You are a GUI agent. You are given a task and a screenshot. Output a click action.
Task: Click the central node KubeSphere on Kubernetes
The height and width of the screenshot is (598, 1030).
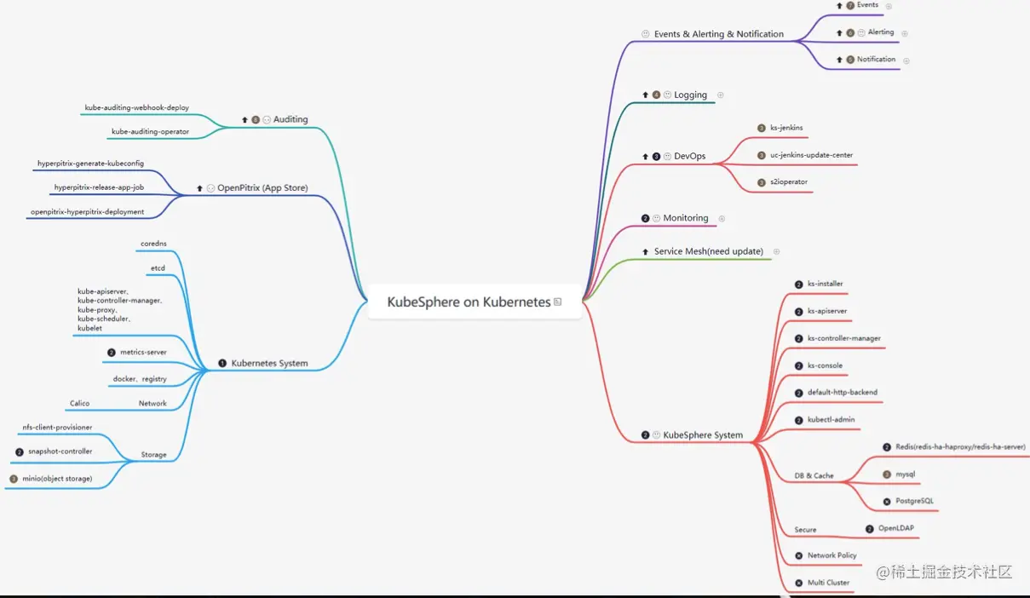click(x=469, y=302)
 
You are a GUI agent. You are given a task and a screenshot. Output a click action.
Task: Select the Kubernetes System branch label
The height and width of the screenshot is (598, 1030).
click(x=269, y=364)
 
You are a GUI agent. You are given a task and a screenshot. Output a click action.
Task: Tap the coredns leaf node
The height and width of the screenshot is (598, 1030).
click(x=153, y=244)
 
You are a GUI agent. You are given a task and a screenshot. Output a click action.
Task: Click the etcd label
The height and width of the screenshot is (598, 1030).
click(x=158, y=268)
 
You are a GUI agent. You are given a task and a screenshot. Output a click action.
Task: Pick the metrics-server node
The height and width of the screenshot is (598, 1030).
click(x=143, y=352)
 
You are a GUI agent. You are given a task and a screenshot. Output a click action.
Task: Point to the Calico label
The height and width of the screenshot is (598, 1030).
click(x=79, y=404)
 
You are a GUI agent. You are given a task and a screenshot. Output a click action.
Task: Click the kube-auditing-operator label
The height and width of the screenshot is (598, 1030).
click(x=150, y=132)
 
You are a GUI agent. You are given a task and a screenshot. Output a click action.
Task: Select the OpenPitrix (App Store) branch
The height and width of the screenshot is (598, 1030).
click(x=262, y=188)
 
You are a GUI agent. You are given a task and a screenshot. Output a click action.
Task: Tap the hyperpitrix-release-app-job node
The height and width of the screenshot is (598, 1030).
click(x=99, y=187)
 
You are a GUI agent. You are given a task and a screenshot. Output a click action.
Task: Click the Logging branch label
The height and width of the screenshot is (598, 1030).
click(x=690, y=95)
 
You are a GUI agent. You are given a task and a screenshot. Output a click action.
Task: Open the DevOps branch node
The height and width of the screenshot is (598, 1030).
click(x=689, y=157)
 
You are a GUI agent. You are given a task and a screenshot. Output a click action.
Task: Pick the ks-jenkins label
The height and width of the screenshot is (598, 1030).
click(x=786, y=128)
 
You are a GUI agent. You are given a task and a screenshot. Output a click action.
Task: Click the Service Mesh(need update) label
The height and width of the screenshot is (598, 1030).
click(x=708, y=252)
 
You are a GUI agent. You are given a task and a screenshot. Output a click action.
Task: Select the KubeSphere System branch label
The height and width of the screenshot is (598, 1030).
click(x=703, y=435)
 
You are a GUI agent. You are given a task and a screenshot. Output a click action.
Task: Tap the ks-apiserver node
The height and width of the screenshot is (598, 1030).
click(x=827, y=312)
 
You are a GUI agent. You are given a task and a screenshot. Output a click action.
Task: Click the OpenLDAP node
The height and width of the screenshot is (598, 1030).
click(x=896, y=528)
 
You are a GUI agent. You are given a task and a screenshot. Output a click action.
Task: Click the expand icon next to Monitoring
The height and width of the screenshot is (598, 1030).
click(x=722, y=219)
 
